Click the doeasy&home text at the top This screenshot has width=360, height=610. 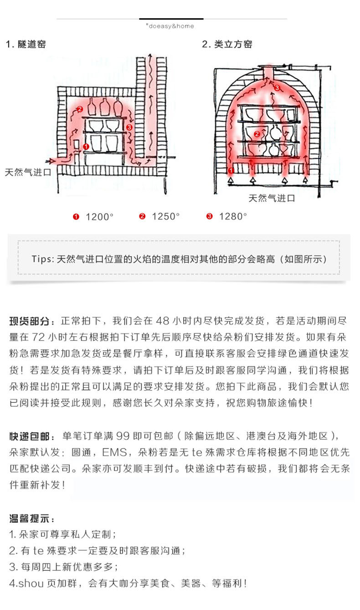(x=170, y=26)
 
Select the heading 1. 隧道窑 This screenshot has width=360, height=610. (x=26, y=44)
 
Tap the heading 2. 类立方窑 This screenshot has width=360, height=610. (x=227, y=44)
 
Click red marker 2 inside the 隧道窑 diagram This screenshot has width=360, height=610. (x=80, y=109)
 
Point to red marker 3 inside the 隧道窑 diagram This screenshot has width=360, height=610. (x=129, y=127)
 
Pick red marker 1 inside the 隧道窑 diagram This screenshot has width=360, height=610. (x=86, y=146)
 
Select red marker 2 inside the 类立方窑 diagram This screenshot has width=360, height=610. (x=257, y=134)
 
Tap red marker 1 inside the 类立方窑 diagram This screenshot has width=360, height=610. (x=231, y=170)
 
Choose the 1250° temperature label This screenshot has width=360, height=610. (x=165, y=216)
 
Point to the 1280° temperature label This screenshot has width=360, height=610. (x=232, y=216)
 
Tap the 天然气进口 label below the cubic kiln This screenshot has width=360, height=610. (x=272, y=198)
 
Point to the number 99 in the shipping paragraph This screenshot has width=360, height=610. (x=123, y=436)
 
